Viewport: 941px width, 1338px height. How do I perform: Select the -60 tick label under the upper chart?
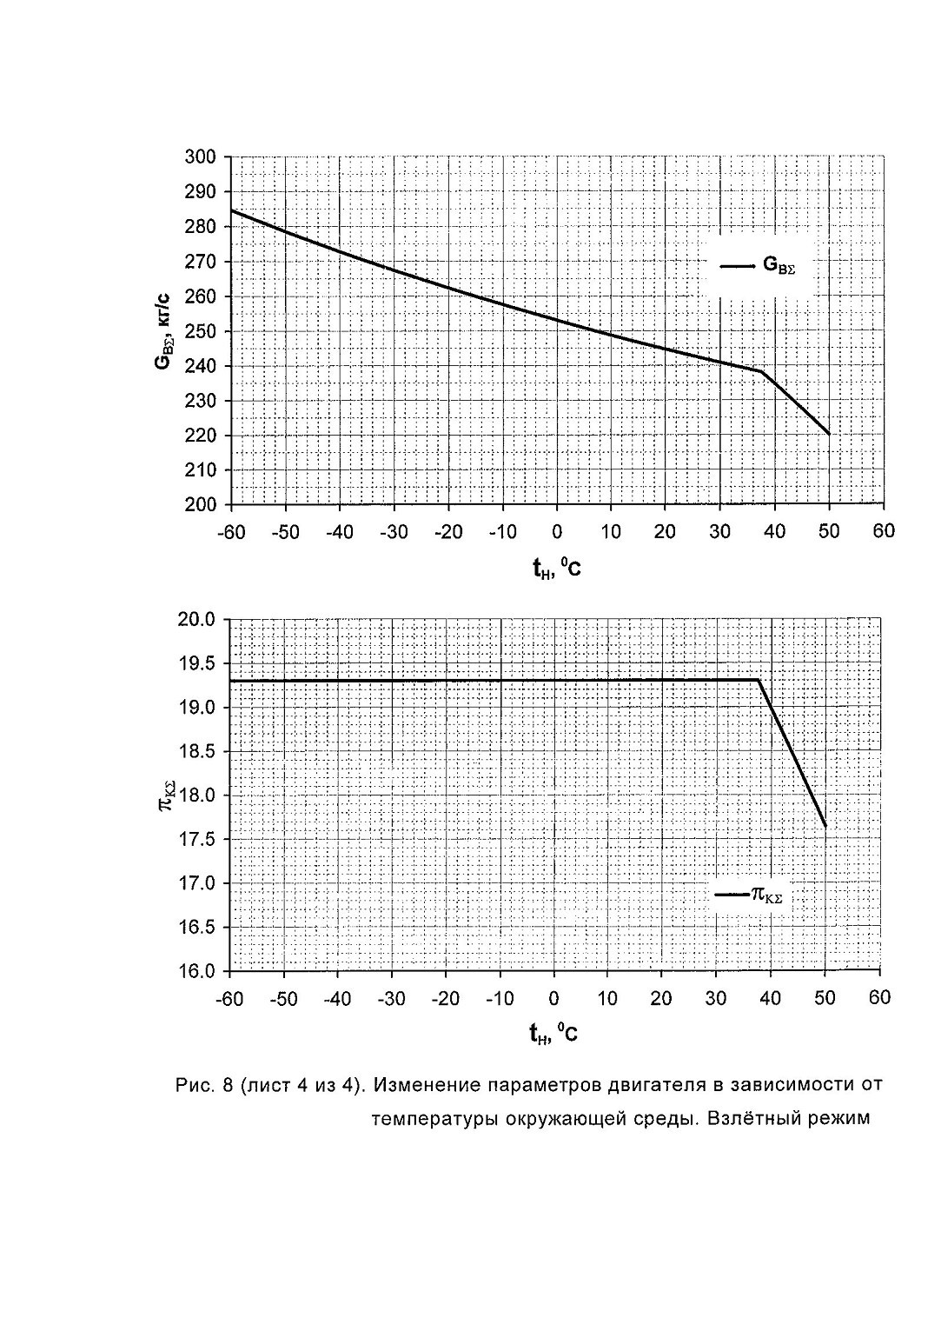pos(231,532)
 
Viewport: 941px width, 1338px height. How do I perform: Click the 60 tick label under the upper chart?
pos(883,531)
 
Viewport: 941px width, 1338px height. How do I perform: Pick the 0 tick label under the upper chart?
pos(557,532)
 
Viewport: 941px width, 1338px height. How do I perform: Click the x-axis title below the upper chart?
pos(557,568)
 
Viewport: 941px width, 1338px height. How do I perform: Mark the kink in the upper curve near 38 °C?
pos(761,371)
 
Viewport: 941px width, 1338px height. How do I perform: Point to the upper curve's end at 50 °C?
pos(829,434)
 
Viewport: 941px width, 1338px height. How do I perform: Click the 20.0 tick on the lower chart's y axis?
pos(196,619)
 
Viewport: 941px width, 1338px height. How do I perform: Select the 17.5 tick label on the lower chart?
pos(196,840)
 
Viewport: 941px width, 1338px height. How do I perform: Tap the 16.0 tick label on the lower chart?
pos(196,972)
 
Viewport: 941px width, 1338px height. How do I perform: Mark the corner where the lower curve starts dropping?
pos(759,680)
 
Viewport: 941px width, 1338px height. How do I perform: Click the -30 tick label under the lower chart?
pos(392,998)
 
